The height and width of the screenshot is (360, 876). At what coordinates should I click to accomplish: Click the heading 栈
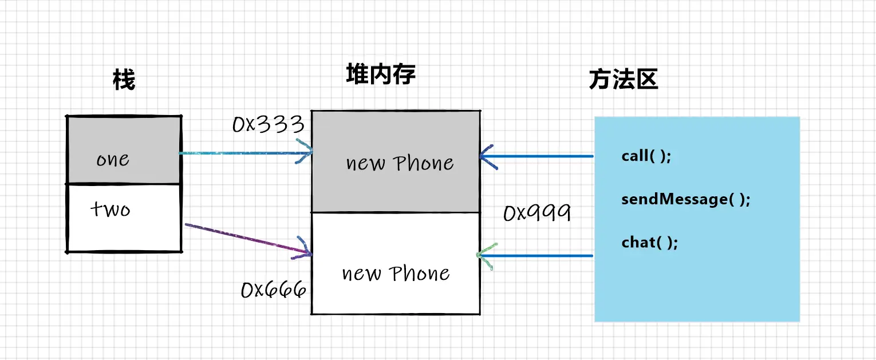(124, 81)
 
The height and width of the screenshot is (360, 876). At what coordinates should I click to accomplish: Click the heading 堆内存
(380, 75)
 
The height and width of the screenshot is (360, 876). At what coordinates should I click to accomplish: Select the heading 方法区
(623, 80)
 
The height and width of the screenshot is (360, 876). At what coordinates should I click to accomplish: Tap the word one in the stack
(112, 159)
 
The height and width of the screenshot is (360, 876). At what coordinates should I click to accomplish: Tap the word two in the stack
(111, 209)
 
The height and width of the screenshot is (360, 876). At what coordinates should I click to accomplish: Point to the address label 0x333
(267, 124)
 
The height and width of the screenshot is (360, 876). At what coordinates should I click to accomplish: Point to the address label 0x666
(273, 290)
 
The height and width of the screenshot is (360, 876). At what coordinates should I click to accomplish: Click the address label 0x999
(536, 213)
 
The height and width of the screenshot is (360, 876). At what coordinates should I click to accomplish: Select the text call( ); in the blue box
(646, 156)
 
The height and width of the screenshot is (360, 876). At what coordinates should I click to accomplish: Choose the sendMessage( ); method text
(685, 199)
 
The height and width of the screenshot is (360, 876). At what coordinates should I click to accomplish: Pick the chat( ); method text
(649, 242)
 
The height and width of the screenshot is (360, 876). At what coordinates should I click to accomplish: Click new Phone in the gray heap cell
(400, 164)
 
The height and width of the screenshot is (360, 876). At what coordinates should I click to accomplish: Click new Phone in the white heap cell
(396, 274)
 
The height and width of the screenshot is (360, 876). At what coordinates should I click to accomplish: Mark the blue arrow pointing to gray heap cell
(538, 155)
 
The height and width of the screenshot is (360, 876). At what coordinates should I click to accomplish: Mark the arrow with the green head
(538, 255)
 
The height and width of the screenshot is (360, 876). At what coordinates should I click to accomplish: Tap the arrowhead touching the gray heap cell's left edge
(306, 152)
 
